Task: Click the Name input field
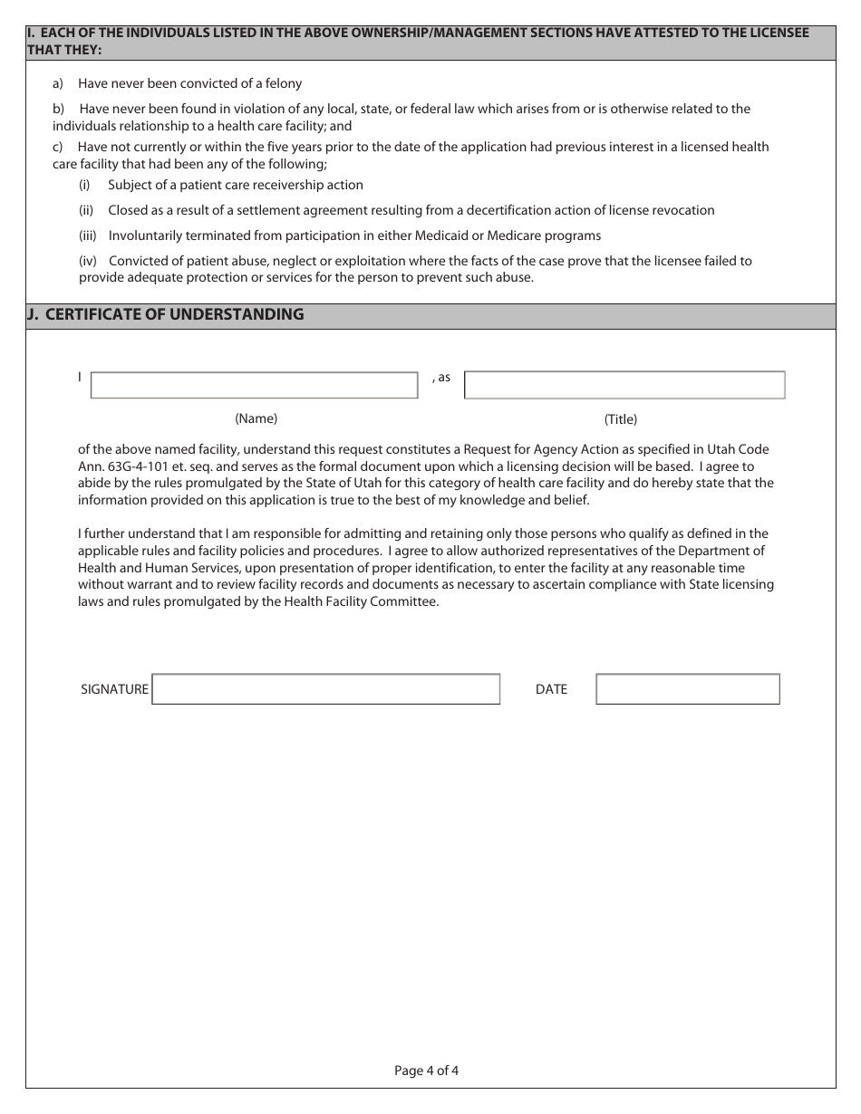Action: pyautogui.click(x=254, y=385)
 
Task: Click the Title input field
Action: pyautogui.click(x=624, y=385)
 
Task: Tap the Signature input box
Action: pyautogui.click(x=326, y=689)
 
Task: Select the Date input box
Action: pyautogui.click(x=688, y=689)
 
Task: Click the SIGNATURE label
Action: pyautogui.click(x=114, y=689)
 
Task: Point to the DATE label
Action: pyautogui.click(x=551, y=689)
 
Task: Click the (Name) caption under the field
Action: pyautogui.click(x=256, y=418)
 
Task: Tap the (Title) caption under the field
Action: pyautogui.click(x=621, y=419)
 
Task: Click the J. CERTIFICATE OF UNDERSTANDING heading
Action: pyautogui.click(x=166, y=315)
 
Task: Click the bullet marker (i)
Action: pyautogui.click(x=84, y=185)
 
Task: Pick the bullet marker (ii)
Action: pyautogui.click(x=86, y=210)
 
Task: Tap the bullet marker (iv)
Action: pyautogui.click(x=87, y=261)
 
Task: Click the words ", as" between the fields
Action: pyautogui.click(x=441, y=377)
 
